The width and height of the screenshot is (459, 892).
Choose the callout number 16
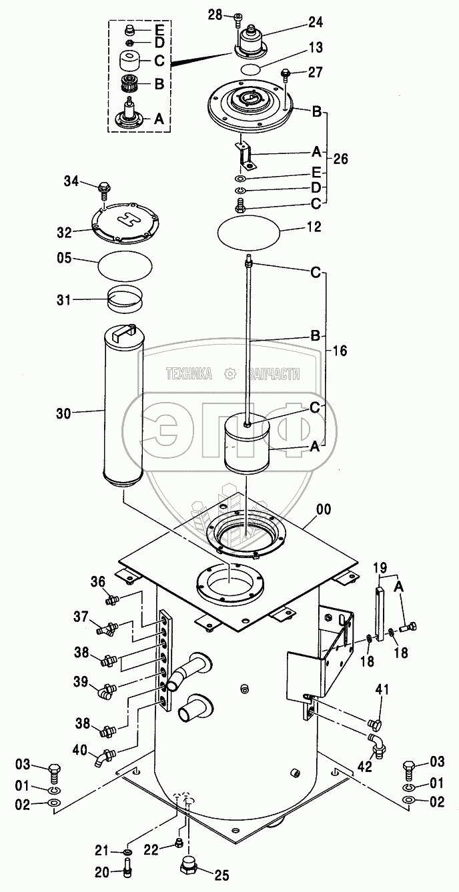pyautogui.click(x=340, y=351)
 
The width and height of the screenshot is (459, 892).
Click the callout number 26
pyautogui.click(x=341, y=159)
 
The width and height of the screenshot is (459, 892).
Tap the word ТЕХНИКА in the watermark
pyautogui.click(x=189, y=375)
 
